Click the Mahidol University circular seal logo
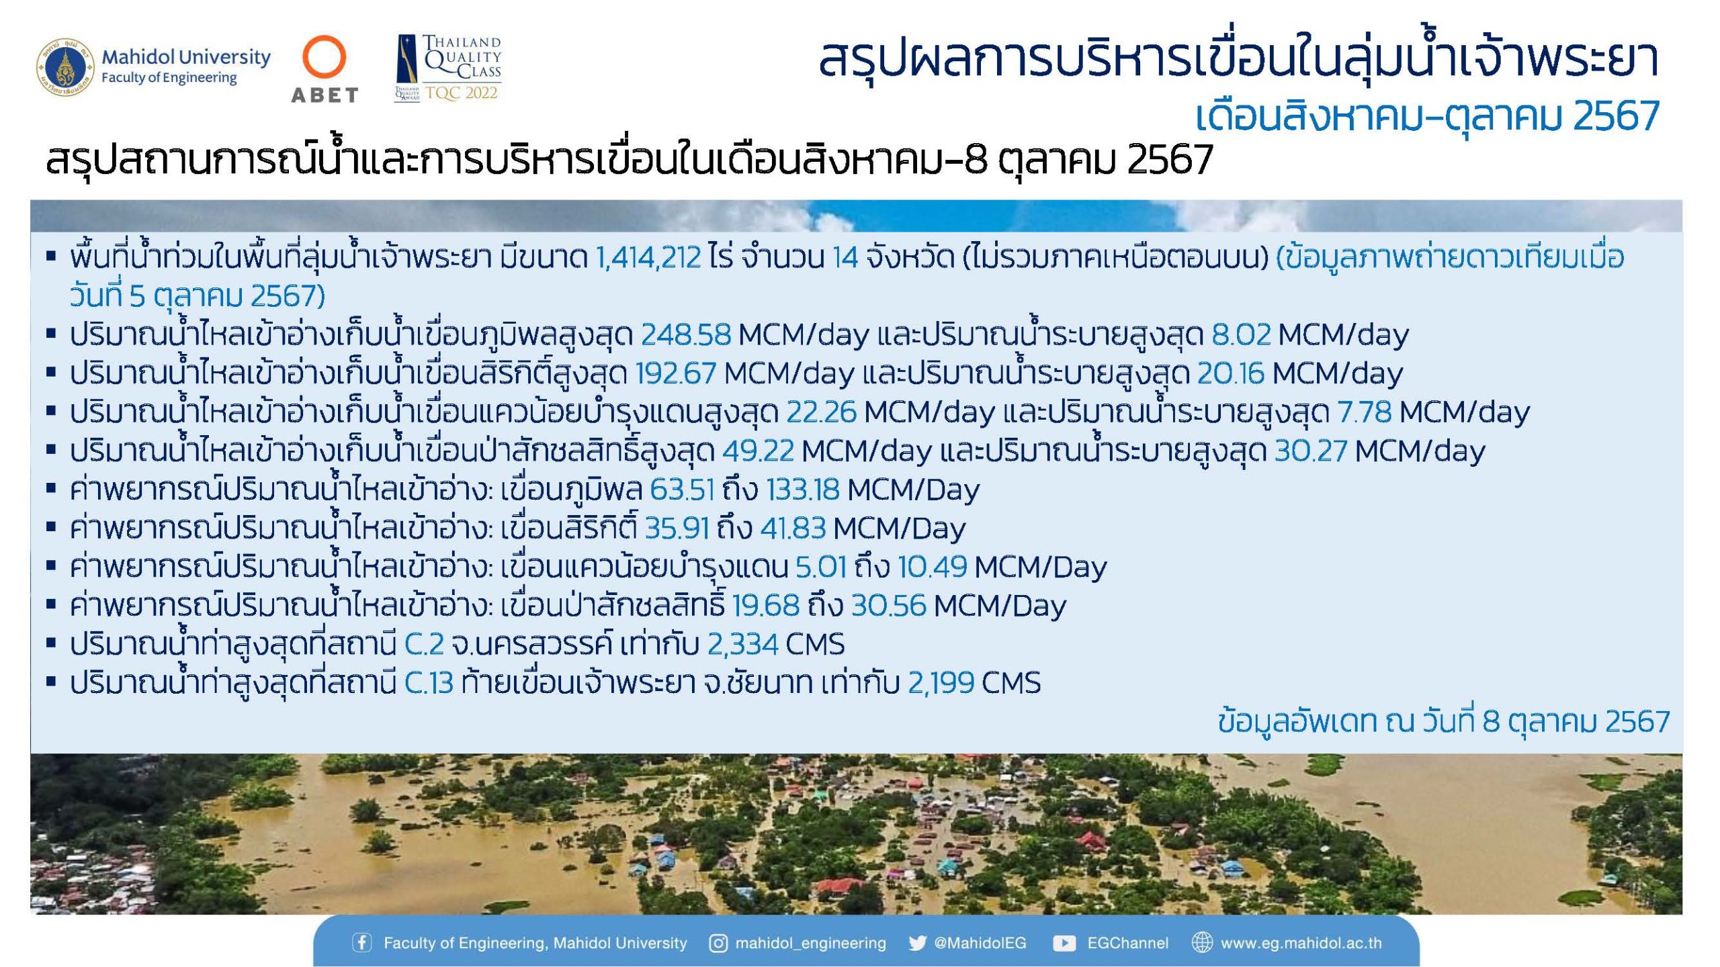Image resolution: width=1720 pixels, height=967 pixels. tap(64, 67)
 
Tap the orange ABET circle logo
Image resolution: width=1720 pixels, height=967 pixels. tap(325, 58)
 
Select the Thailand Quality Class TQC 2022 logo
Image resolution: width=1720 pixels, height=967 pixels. tap(448, 68)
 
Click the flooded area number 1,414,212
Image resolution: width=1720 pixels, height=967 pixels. tap(648, 257)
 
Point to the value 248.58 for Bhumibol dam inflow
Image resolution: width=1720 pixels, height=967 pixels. tap(686, 334)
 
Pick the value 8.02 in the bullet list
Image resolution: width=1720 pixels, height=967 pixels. tap(1241, 334)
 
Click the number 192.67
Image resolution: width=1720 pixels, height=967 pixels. tap(676, 373)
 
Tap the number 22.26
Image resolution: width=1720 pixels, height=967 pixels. tap(821, 412)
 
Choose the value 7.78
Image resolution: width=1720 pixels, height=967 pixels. tap(1365, 412)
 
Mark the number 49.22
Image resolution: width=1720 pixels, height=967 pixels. tap(759, 451)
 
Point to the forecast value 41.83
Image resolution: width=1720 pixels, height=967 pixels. tap(793, 528)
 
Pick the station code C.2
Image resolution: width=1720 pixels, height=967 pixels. tap(424, 645)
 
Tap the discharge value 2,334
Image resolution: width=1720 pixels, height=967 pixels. tap(742, 645)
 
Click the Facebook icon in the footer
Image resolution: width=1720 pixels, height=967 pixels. tap(362, 943)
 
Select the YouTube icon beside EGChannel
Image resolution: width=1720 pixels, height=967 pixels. tap(1064, 943)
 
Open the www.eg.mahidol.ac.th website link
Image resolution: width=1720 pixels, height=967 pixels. tap(1301, 943)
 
